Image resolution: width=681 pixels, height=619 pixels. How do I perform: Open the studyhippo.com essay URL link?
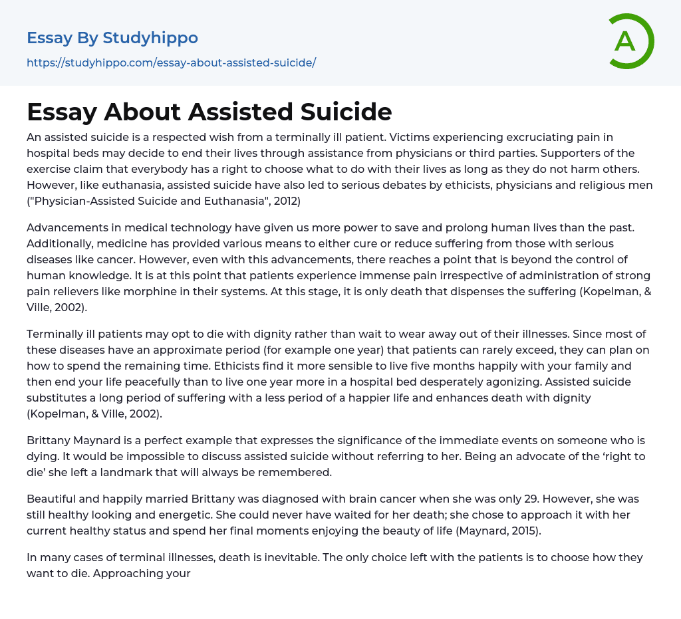point(171,62)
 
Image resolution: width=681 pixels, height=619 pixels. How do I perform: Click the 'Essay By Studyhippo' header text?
point(112,38)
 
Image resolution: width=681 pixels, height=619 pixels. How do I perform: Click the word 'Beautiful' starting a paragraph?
point(54,499)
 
